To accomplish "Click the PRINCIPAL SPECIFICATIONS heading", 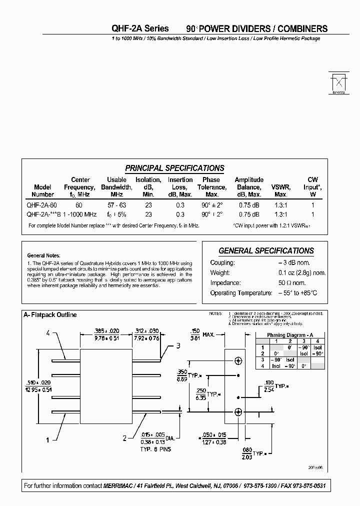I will (174, 168).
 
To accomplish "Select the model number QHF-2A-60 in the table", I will (42, 205).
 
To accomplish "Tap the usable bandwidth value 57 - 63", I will (116, 205).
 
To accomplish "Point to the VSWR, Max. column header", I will (280, 190).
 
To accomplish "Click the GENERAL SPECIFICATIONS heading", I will (266, 251).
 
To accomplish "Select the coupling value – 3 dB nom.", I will (294, 263).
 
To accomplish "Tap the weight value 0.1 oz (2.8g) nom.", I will (302, 273).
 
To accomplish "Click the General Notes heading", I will (43, 254).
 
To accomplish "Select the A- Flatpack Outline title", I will (50, 315).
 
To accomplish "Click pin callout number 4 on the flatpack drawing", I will (47, 333).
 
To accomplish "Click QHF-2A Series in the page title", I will (139, 28).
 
